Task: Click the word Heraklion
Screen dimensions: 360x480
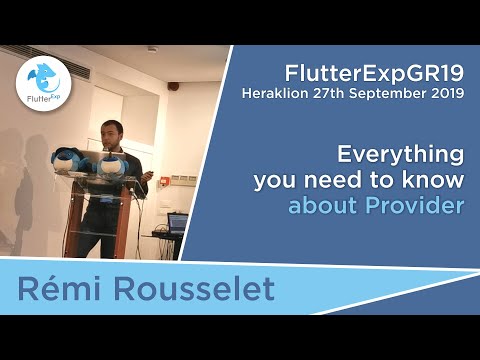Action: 282,94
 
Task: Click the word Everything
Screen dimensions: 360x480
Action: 400,155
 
